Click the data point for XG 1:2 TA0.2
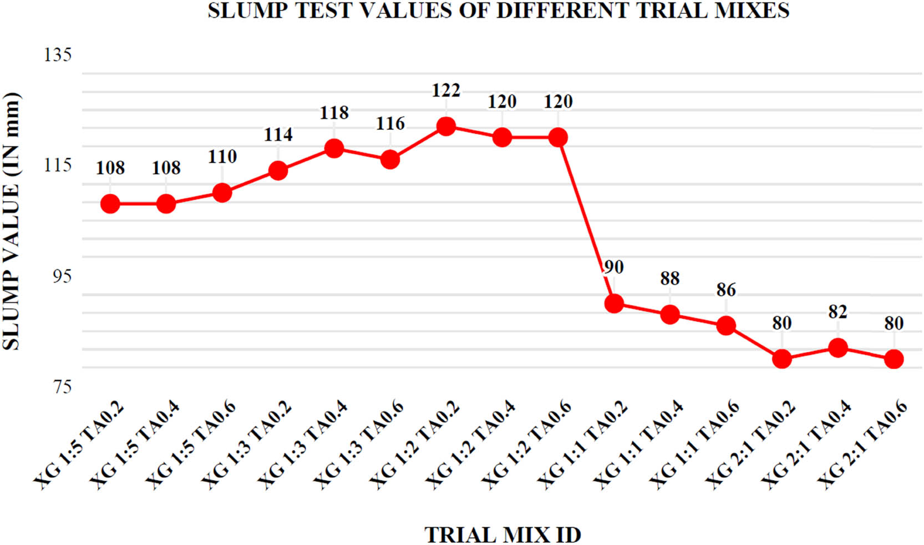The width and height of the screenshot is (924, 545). pos(446,127)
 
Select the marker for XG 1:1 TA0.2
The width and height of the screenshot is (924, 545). pos(614,304)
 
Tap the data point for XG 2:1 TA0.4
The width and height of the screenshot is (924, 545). pos(837,348)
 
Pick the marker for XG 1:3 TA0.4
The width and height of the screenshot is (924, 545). pos(334,148)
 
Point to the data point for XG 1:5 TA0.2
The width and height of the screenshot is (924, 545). pos(110,204)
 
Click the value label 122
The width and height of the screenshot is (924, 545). pos(446,90)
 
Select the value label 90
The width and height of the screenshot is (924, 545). pos(613,268)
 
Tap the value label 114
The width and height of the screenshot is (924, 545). pos(278,134)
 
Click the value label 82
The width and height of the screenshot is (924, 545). pos(837,312)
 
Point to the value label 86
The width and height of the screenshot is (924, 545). pos(725,290)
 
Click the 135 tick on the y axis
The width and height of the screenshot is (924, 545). pos(58,55)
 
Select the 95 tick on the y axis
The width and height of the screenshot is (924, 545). pos(58,276)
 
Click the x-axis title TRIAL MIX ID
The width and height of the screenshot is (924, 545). pos(502,535)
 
